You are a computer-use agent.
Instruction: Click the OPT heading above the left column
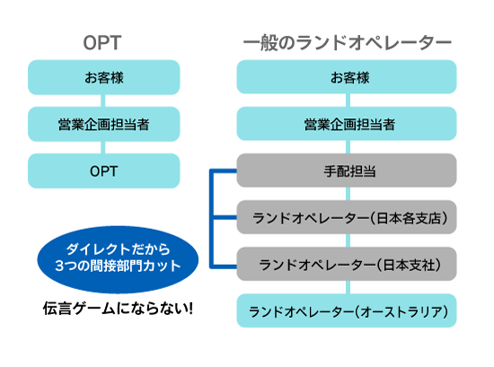[102, 43]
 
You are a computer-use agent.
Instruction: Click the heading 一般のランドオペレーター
[348, 43]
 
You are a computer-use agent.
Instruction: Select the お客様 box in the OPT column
[104, 77]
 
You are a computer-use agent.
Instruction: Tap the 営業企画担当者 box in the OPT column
[104, 124]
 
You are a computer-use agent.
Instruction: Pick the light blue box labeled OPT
[104, 170]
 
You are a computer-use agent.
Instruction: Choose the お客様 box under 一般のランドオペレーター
[347, 77]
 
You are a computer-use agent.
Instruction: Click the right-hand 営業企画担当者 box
[347, 124]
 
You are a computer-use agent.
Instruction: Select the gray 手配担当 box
[347, 170]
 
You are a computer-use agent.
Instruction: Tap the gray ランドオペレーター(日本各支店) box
[347, 217]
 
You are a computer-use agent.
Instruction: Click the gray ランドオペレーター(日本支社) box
[347, 264]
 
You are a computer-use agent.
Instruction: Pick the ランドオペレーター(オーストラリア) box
[347, 311]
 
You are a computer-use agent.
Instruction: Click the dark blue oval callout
[118, 259]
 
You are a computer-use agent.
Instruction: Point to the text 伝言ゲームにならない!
[118, 309]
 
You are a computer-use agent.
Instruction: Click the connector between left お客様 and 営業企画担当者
[102, 100]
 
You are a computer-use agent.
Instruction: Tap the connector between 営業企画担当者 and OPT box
[102, 147]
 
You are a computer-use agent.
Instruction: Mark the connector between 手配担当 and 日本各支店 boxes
[348, 194]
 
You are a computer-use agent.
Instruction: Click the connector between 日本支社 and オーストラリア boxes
[348, 287]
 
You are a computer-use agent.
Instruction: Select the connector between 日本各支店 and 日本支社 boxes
[348, 240]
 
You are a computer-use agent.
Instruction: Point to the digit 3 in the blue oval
[59, 267]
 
